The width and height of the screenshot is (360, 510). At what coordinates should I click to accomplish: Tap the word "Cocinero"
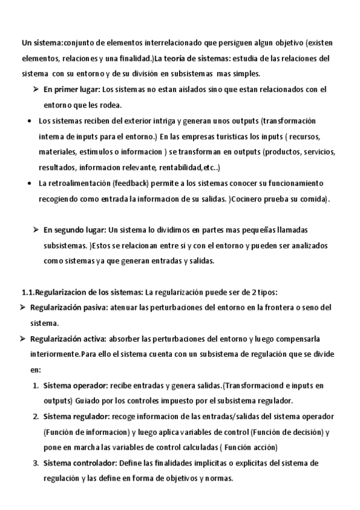[264, 198]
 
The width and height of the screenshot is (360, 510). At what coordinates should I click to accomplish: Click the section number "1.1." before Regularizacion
[28, 292]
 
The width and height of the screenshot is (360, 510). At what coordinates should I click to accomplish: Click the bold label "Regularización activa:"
[68, 339]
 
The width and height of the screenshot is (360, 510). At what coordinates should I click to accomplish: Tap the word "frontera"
[273, 308]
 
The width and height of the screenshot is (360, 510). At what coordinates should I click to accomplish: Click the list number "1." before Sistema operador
[36, 386]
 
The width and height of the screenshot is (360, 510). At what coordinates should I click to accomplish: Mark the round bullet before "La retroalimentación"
[30, 183]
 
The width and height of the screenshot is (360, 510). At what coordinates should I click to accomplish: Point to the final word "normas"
[217, 479]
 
